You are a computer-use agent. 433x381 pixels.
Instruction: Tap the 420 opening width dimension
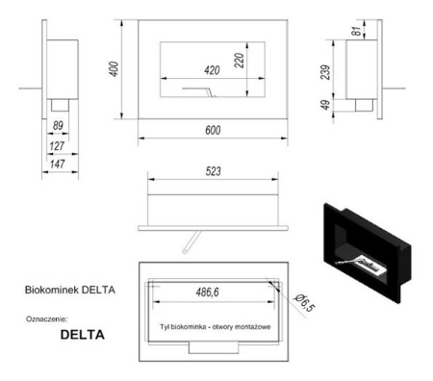pos(212,68)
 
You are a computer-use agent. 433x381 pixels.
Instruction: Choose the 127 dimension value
pos(57,146)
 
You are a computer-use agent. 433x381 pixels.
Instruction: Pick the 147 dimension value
pos(57,166)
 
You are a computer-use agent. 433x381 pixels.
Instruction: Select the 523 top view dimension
pos(213,172)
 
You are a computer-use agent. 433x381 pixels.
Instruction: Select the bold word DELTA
pos(82,336)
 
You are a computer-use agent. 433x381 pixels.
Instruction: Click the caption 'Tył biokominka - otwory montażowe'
pos(213,328)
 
